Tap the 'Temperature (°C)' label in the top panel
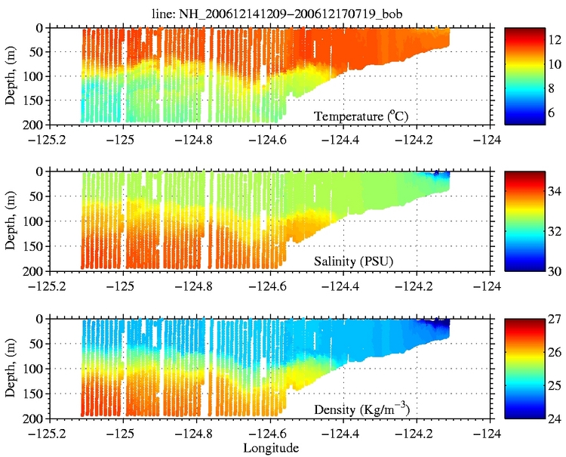[368, 116]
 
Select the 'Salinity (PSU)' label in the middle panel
[358, 262]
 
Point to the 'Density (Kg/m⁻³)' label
[364, 410]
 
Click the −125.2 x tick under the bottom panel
[48, 433]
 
